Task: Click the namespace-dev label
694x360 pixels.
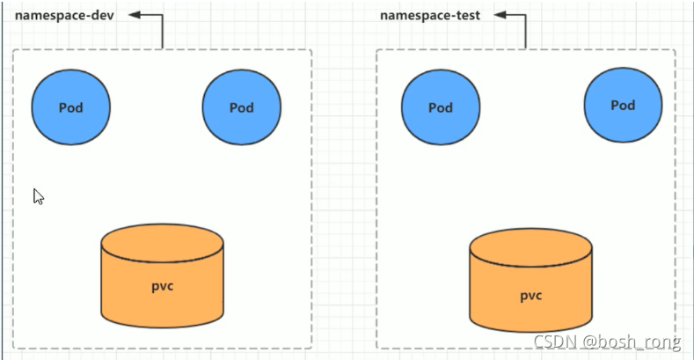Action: click(x=64, y=16)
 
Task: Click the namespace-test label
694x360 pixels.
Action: click(x=430, y=16)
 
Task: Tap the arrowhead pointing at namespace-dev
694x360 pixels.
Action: click(x=135, y=15)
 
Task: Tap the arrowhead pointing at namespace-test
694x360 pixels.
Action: click(x=500, y=15)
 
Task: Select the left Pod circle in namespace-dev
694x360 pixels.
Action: click(x=71, y=107)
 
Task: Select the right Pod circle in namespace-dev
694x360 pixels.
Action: click(x=242, y=107)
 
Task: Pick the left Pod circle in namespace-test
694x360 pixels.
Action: click(x=441, y=107)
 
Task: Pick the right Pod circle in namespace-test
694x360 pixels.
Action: click(x=623, y=105)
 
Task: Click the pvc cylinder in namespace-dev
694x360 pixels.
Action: click(x=163, y=276)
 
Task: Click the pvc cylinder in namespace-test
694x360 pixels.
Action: click(x=530, y=280)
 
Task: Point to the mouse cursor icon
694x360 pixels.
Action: click(x=39, y=196)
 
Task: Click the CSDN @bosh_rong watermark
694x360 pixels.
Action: click(x=607, y=342)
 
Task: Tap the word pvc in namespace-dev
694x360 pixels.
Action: click(x=163, y=286)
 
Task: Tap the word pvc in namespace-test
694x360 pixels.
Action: click(x=530, y=296)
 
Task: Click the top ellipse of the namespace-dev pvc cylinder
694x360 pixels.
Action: click(x=163, y=243)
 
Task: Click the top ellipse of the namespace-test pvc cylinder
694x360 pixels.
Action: click(x=530, y=247)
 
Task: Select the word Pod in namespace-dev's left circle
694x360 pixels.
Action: click(x=71, y=107)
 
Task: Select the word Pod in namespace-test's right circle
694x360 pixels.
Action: click(x=623, y=106)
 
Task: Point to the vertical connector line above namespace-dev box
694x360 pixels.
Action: click(x=163, y=32)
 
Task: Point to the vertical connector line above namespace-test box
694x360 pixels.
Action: click(x=526, y=32)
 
